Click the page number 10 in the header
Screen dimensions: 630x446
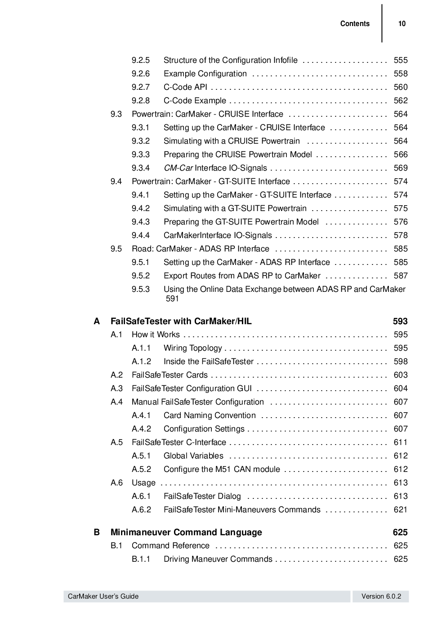click(x=401, y=24)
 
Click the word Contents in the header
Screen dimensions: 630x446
click(x=355, y=24)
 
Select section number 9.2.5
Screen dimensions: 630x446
click(x=140, y=60)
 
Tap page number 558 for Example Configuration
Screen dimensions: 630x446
click(x=400, y=74)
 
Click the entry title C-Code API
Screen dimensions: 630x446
click(x=185, y=87)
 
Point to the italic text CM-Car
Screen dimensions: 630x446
click(x=178, y=168)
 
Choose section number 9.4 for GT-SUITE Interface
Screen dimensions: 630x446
click(x=116, y=181)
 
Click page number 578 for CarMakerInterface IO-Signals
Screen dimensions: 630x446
click(x=400, y=235)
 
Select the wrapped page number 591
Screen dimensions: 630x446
click(x=172, y=299)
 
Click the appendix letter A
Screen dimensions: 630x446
click(x=97, y=321)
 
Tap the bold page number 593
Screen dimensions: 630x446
click(x=400, y=321)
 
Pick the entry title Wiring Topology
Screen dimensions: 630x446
click(x=192, y=348)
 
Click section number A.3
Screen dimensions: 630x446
click(x=116, y=388)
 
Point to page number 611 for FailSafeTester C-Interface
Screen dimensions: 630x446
click(x=400, y=442)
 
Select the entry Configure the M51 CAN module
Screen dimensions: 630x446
click(x=222, y=469)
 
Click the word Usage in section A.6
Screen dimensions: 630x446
click(x=143, y=483)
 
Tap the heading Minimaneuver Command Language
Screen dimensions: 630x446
click(x=186, y=532)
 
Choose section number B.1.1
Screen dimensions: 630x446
click(x=141, y=559)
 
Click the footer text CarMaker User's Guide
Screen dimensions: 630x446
click(x=103, y=596)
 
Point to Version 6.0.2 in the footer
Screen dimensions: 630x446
click(x=381, y=596)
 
